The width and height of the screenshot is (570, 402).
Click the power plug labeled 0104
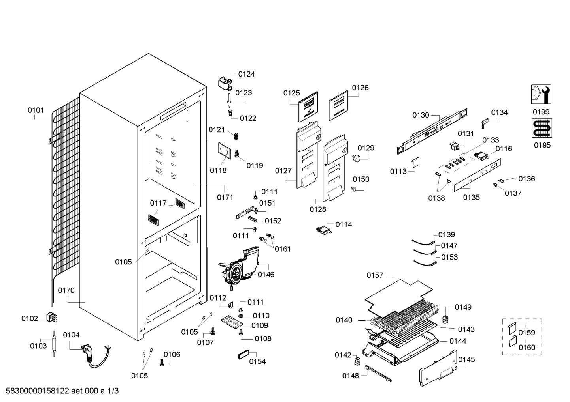pos(95,355)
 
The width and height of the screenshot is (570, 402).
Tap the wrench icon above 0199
pos(541,94)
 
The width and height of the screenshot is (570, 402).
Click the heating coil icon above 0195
pos(542,128)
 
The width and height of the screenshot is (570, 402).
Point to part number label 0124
pos(246,74)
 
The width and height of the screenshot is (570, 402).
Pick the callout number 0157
pos(375,275)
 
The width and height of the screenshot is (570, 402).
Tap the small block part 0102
pos(52,318)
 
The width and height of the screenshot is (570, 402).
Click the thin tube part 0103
pos(54,344)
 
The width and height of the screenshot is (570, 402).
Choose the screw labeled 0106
pos(162,363)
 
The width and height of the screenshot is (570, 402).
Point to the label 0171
pos(225,197)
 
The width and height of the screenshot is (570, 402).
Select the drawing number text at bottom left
pos(62,391)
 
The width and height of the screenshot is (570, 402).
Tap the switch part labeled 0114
pos(324,230)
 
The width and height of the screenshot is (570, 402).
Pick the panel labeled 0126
pos(338,105)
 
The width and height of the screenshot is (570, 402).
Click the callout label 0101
pos(36,110)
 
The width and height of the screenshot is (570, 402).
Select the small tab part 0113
pos(416,163)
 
